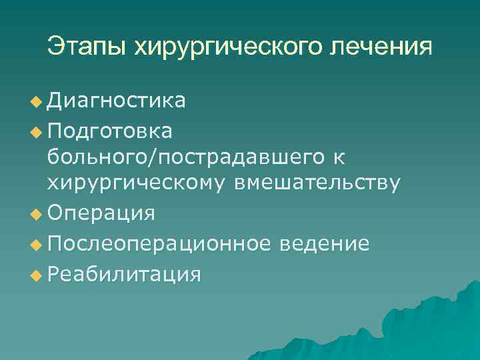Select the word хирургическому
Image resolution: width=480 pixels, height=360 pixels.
137,183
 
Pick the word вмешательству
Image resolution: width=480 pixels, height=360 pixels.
317,183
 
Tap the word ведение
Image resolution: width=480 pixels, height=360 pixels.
325,243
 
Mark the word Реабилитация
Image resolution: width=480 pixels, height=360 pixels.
124,273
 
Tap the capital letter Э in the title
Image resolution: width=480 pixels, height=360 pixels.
55,46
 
